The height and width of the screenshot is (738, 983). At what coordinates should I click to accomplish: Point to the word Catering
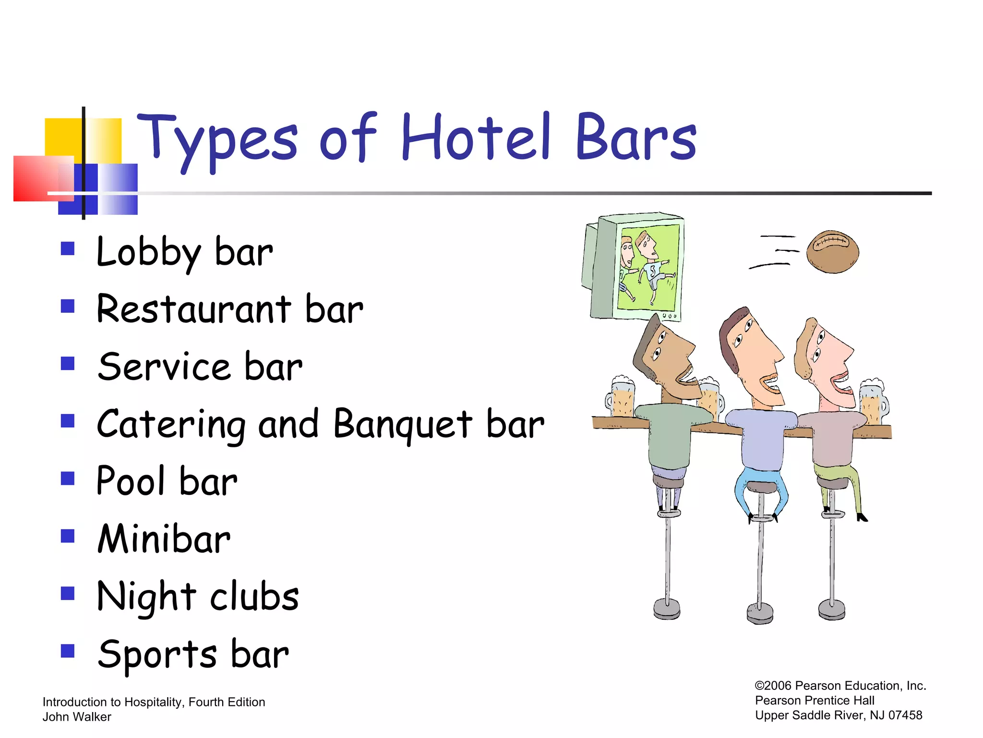pyautogui.click(x=171, y=425)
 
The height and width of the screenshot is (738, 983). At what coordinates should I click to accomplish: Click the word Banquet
pyautogui.click(x=403, y=425)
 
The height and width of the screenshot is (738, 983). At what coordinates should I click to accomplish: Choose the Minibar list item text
pyautogui.click(x=164, y=539)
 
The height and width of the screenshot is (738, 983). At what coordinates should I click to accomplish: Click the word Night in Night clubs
pyautogui.click(x=146, y=598)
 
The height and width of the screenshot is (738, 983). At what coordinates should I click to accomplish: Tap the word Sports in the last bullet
pyautogui.click(x=157, y=654)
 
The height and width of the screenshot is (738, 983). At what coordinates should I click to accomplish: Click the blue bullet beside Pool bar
pyautogui.click(x=68, y=479)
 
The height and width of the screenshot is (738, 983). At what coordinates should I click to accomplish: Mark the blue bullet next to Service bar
pyautogui.click(x=68, y=363)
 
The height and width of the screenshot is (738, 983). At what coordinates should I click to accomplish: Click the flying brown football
pyautogui.click(x=832, y=252)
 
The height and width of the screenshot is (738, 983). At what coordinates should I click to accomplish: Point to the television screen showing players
pyautogui.click(x=648, y=268)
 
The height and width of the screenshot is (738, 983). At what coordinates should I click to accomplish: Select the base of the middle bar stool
pyautogui.click(x=760, y=614)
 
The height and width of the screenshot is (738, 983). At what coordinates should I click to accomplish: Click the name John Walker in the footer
pyautogui.click(x=77, y=717)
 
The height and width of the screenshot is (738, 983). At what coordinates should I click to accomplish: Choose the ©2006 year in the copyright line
pyautogui.click(x=773, y=686)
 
